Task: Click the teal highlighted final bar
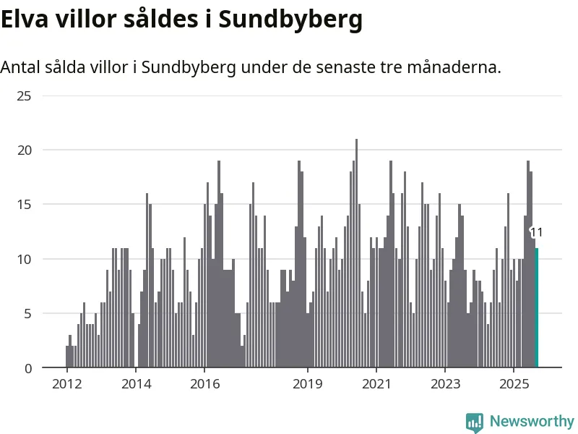[x=537, y=308]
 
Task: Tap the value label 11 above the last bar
[x=536, y=232]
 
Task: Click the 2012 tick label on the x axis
[x=66, y=383]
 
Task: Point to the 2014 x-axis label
[x=136, y=383]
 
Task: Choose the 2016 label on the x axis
[x=204, y=383]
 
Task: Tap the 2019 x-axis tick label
[x=308, y=383]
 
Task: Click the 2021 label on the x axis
[x=376, y=383]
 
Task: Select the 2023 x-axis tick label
[x=445, y=383]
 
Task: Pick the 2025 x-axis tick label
[x=514, y=383]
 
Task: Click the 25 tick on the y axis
[x=24, y=95]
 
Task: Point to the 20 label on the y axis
[x=24, y=150]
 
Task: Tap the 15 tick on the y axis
[x=24, y=205]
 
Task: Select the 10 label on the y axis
[x=24, y=259]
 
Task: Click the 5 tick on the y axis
[x=27, y=314]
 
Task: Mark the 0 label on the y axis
[x=27, y=368]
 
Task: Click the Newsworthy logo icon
[x=474, y=422]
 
